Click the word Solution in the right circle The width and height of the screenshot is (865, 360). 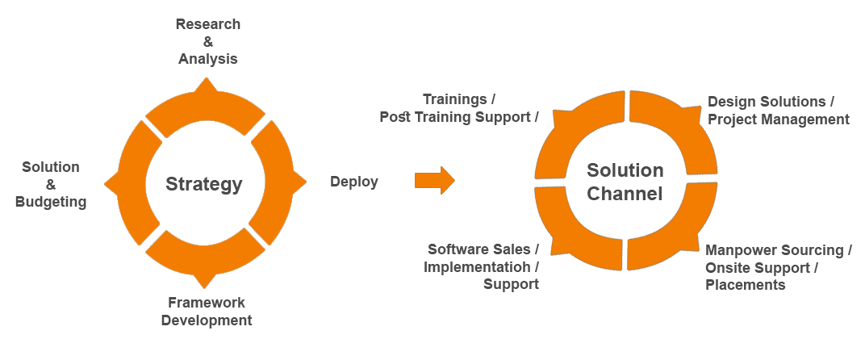tap(625, 170)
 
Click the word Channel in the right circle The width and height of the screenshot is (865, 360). tap(625, 194)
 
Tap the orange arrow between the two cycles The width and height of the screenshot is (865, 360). tap(434, 180)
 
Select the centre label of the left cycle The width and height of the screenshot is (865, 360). tap(204, 184)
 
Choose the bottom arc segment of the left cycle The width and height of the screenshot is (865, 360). tap(207, 258)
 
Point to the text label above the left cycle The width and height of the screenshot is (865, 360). tap(207, 41)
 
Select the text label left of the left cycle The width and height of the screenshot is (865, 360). tap(50, 185)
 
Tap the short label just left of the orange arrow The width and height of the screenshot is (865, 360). tap(354, 182)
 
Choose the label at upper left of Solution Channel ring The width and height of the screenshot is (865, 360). tap(458, 110)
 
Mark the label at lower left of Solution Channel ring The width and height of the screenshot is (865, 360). tap(481, 266)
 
